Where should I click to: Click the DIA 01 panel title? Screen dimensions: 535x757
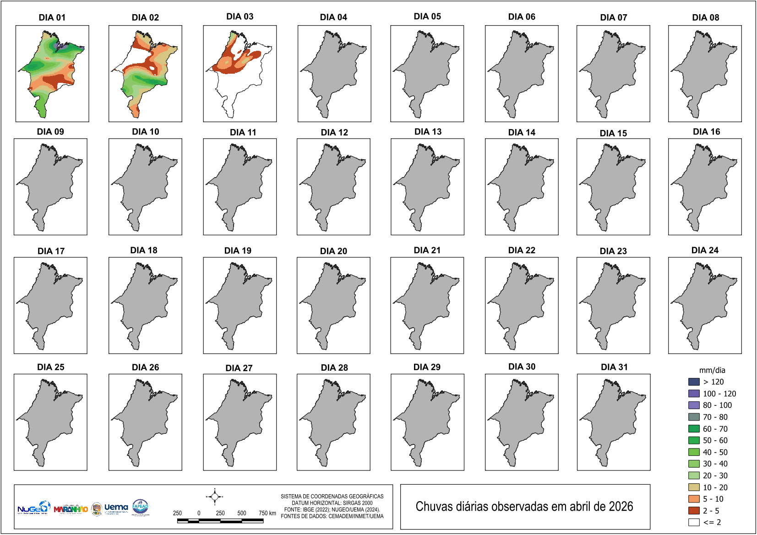(52, 17)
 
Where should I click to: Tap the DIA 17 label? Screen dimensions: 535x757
(51, 251)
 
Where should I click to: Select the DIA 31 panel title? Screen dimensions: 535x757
(614, 367)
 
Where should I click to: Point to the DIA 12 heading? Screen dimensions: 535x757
(334, 132)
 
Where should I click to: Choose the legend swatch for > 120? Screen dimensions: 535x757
(694, 382)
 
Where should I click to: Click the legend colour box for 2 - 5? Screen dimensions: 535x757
(694, 511)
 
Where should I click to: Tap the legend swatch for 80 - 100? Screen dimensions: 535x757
(694, 405)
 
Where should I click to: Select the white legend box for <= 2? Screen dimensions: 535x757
(694, 522)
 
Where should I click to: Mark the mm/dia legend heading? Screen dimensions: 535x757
(712, 370)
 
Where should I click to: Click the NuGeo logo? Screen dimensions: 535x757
(33, 508)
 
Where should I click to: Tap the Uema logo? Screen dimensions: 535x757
(116, 508)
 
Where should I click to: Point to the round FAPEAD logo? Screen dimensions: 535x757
(140, 507)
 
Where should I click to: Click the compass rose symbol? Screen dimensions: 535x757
(214, 497)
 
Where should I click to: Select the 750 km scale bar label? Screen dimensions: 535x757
(267, 513)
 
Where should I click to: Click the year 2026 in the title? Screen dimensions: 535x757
(621, 507)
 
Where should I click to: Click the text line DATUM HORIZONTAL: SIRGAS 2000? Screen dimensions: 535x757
(332, 503)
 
